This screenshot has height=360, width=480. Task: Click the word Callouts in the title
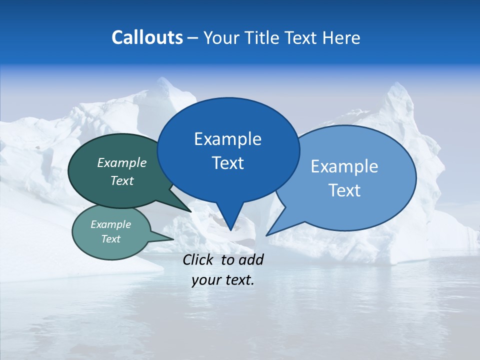147,37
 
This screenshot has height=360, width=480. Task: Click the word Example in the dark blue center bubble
227,139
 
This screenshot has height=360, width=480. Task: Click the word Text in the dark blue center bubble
227,163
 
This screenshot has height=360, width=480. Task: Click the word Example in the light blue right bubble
344,166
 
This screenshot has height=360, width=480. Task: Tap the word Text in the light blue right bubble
344,190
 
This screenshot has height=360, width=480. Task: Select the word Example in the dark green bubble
122,162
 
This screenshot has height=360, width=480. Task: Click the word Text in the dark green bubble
122,180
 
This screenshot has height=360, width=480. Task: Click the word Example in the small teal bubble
110,224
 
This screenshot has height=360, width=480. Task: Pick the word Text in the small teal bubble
110,239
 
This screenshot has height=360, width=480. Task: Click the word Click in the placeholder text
199,259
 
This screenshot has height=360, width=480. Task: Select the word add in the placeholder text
251,259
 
